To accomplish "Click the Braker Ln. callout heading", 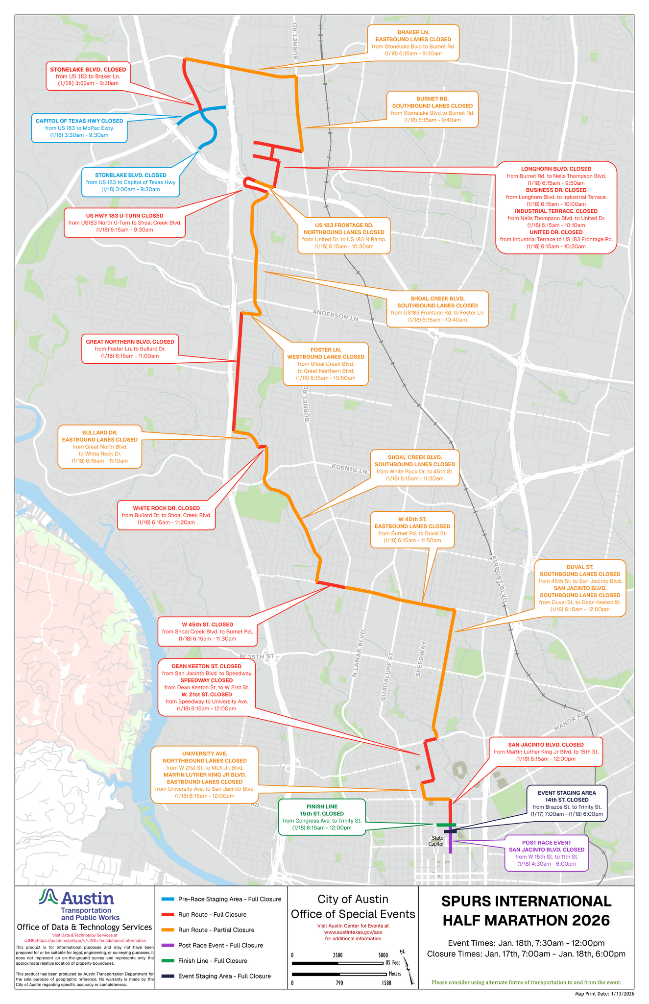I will click(x=413, y=32).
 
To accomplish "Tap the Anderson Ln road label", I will click(x=336, y=315).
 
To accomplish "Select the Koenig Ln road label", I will click(x=349, y=468).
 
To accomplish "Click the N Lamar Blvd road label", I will click(x=359, y=654).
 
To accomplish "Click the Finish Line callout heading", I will click(x=322, y=806).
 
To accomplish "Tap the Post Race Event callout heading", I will click(x=546, y=842).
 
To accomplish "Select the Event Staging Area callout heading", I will click(x=567, y=793).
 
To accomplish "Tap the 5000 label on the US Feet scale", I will click(x=383, y=955).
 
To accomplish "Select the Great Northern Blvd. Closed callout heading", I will click(x=130, y=342).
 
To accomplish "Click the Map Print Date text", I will click(x=604, y=994).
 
